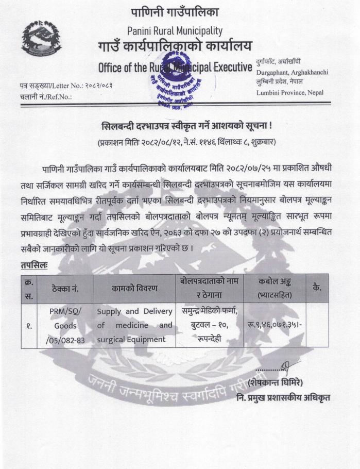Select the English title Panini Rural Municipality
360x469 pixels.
click(x=175, y=30)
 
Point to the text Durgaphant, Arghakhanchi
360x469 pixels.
click(x=292, y=73)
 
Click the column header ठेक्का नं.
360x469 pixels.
click(x=65, y=289)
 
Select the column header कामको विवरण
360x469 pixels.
click(x=134, y=288)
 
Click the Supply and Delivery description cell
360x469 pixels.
click(x=134, y=325)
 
